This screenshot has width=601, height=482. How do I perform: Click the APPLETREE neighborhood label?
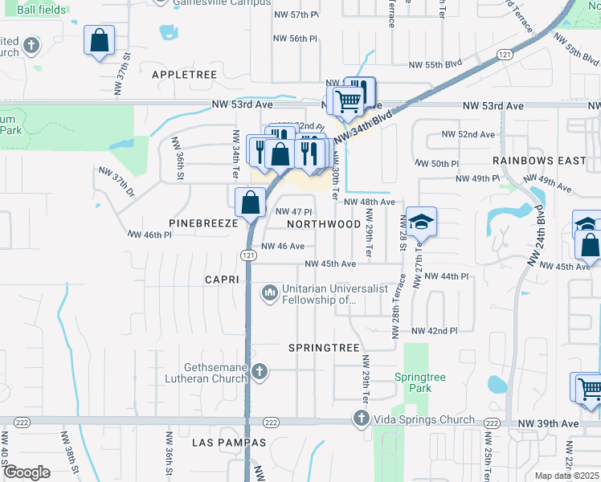point(185,74)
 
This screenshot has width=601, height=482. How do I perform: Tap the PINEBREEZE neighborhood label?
point(204,223)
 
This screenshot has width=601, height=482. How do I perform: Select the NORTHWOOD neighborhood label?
point(324,224)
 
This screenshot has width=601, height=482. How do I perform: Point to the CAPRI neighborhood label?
point(223,280)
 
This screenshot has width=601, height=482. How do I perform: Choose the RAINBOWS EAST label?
point(539,161)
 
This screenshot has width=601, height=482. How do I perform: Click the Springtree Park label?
point(413,382)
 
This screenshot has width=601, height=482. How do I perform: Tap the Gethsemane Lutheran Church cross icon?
point(259,371)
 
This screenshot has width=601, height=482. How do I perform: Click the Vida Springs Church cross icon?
point(360,419)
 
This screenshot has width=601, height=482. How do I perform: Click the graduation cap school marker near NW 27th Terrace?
point(420,222)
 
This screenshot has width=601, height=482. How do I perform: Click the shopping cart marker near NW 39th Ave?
point(588,387)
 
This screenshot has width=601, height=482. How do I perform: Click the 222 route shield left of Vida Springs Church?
point(270,423)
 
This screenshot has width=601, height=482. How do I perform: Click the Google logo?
point(27,472)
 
